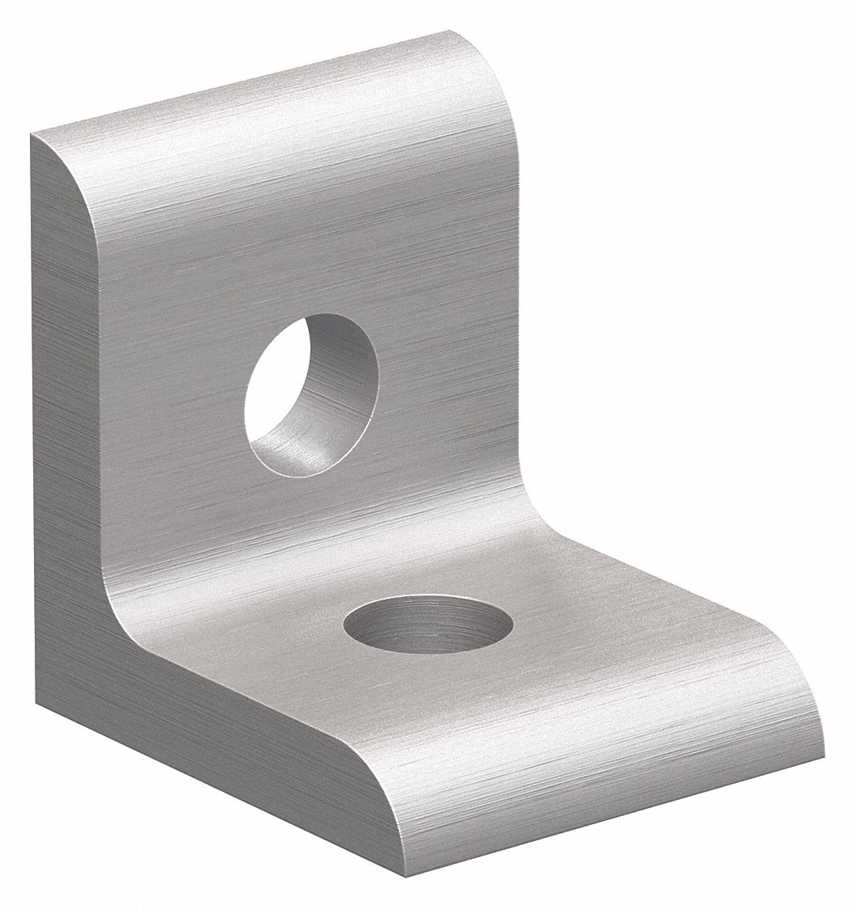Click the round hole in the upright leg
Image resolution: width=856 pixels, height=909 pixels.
pos(311,395)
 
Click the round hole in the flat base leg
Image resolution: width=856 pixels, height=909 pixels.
pos(428,623)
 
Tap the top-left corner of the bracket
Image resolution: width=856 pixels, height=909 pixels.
pos(32,136)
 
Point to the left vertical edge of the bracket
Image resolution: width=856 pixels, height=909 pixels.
pos(34,404)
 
